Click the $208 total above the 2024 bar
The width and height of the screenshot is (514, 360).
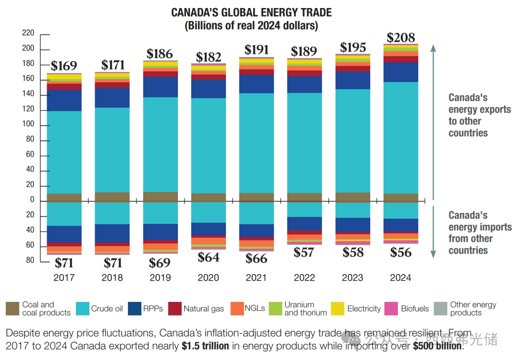(x=401, y=38)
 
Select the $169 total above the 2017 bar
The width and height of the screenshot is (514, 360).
(x=64, y=66)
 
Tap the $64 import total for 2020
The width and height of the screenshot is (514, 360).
(x=208, y=257)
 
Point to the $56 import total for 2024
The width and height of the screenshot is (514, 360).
(x=401, y=252)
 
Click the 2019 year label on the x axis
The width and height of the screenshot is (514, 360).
(x=160, y=278)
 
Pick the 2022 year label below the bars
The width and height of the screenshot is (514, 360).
(x=305, y=278)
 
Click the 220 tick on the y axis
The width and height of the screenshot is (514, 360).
(x=28, y=33)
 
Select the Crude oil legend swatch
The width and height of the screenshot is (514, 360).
(x=82, y=309)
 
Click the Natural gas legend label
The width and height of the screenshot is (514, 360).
(x=204, y=309)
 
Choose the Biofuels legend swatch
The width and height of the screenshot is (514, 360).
(x=392, y=309)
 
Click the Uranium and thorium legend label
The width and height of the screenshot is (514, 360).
(x=306, y=309)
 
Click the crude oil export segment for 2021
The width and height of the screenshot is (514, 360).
(x=257, y=143)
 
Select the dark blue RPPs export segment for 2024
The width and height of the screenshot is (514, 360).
(x=401, y=72)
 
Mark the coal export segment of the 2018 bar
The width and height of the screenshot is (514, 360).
(x=112, y=197)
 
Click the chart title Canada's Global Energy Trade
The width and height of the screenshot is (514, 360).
(x=251, y=13)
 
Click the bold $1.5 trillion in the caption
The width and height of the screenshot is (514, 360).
(x=205, y=346)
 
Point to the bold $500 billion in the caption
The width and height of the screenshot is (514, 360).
(x=437, y=346)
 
